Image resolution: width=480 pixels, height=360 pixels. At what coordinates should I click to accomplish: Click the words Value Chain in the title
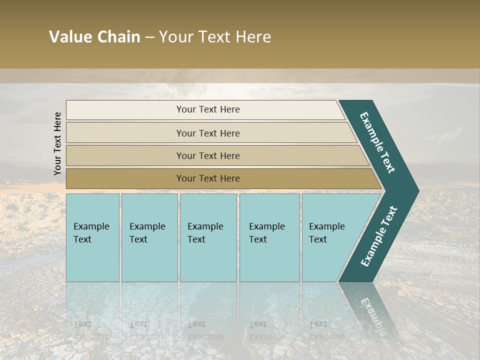(94, 37)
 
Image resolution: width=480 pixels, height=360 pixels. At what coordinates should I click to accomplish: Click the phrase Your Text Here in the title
(215, 37)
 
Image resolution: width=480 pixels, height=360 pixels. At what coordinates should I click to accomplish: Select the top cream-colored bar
(125, 110)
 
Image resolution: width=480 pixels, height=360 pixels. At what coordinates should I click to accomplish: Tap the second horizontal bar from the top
(125, 133)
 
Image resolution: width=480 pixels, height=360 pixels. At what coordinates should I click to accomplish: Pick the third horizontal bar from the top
(125, 155)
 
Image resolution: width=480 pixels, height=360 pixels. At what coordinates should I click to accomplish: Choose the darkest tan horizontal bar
(125, 178)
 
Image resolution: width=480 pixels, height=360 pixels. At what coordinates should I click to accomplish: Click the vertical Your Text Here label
(57, 143)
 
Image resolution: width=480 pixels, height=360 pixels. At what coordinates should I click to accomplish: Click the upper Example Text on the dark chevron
(377, 142)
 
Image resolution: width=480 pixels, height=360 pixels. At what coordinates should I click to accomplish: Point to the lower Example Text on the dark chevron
(379, 236)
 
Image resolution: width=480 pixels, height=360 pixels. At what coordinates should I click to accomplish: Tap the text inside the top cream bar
(208, 109)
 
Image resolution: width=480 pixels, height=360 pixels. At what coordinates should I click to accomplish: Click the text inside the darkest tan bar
(208, 178)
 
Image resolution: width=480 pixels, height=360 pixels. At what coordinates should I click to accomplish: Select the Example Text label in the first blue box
(91, 232)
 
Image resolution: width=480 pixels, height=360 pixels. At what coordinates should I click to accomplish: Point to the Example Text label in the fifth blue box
(326, 232)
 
